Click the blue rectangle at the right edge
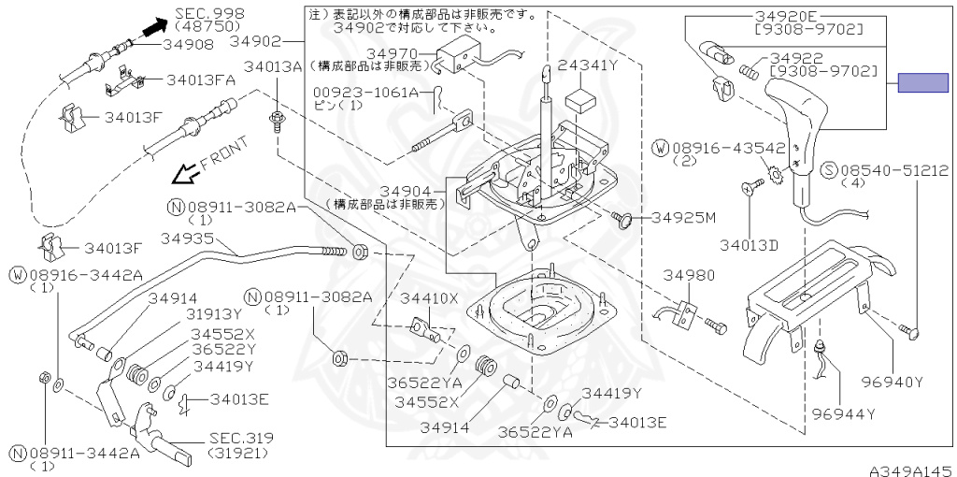(x=922, y=82)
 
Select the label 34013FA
(x=201, y=80)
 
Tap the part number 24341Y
(x=589, y=65)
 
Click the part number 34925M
(x=683, y=218)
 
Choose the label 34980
(x=690, y=276)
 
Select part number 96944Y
(x=843, y=412)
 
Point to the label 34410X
(x=429, y=298)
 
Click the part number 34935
(x=189, y=239)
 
